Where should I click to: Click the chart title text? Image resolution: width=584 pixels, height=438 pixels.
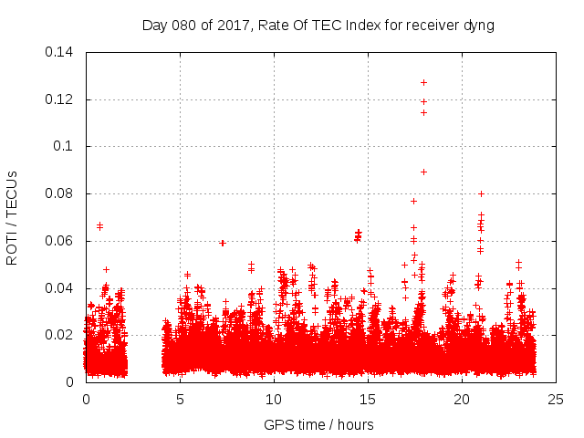click(x=318, y=26)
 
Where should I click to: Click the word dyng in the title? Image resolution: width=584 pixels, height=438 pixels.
click(x=477, y=26)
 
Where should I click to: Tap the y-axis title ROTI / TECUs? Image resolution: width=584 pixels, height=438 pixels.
click(x=12, y=217)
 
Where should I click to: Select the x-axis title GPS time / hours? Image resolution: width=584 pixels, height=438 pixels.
click(x=318, y=424)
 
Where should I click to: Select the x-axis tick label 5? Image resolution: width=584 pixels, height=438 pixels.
click(x=180, y=399)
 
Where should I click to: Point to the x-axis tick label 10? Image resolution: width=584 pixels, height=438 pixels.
click(x=274, y=399)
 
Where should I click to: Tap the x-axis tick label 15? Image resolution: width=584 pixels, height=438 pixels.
click(x=368, y=399)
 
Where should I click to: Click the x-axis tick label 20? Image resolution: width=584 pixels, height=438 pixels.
click(x=462, y=399)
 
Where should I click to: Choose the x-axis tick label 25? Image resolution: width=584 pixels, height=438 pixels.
click(x=556, y=399)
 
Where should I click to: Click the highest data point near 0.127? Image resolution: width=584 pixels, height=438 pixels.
click(x=423, y=82)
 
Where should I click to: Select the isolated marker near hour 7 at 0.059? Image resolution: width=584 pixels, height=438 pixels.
click(x=222, y=243)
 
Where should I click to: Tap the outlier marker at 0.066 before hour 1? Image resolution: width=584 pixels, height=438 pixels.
click(x=99, y=225)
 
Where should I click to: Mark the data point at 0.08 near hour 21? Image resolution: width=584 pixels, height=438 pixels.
click(x=481, y=193)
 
